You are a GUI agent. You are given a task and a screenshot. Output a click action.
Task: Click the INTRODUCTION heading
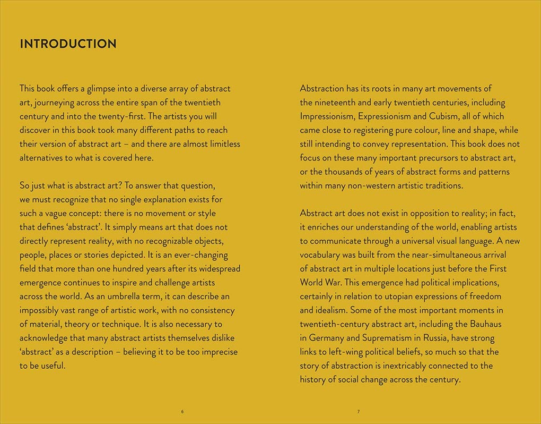68,44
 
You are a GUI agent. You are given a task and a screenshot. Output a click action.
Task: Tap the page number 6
182,412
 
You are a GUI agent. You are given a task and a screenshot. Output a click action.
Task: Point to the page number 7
359,412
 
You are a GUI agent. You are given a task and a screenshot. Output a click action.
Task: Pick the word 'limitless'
222,144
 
